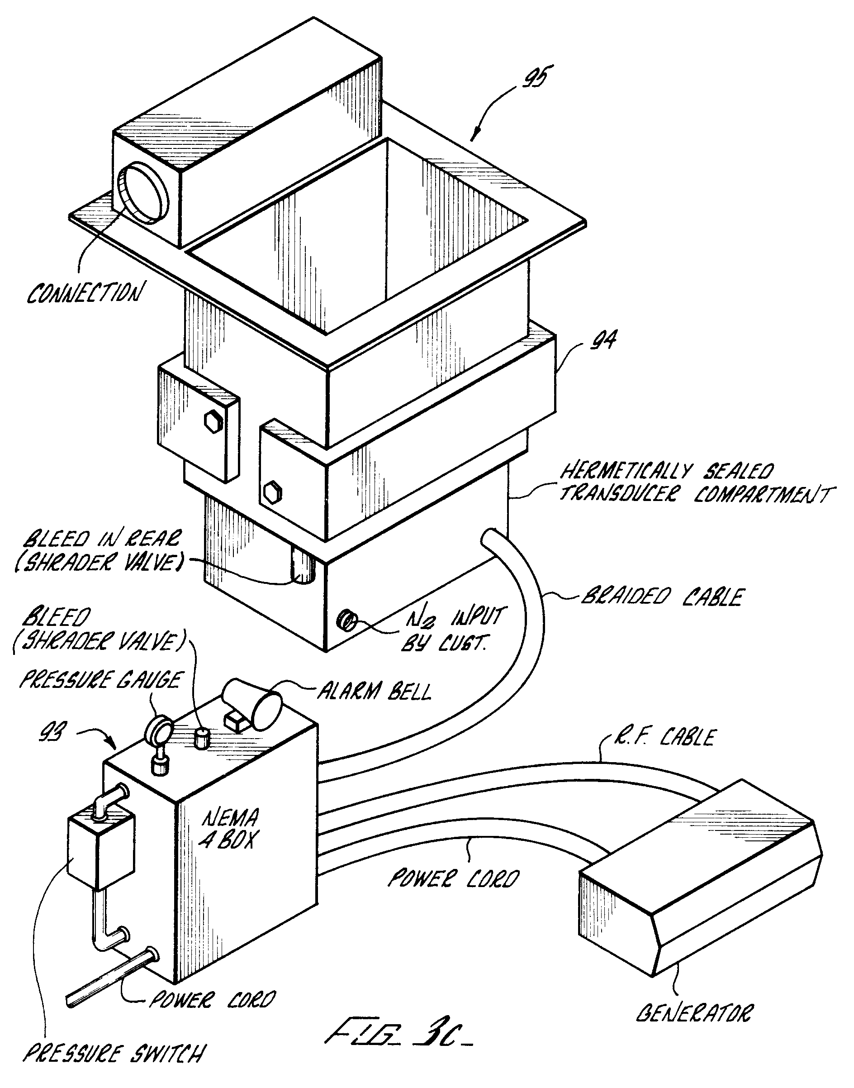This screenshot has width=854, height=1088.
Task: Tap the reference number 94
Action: coord(603,341)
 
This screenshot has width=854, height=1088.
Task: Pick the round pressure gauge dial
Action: coord(158,729)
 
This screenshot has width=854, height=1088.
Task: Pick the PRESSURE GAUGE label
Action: coord(100,680)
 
